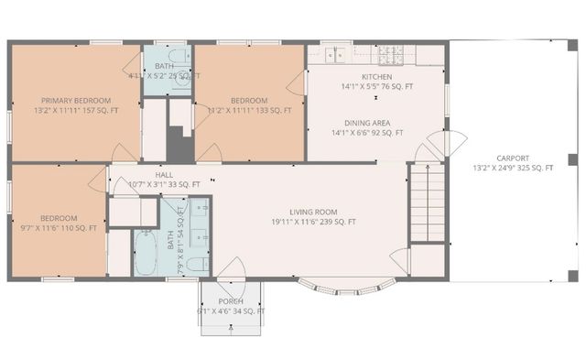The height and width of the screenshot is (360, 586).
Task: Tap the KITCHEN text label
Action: pos(376,77)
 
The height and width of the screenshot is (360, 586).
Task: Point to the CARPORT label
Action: pos(513,158)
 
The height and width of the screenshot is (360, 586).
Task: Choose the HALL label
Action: pos(164,174)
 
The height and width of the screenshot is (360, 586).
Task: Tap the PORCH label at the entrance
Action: pos(231,301)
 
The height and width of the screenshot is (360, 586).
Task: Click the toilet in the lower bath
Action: pos(196,265)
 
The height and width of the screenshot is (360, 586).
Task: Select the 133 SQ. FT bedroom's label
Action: pos(249,100)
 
